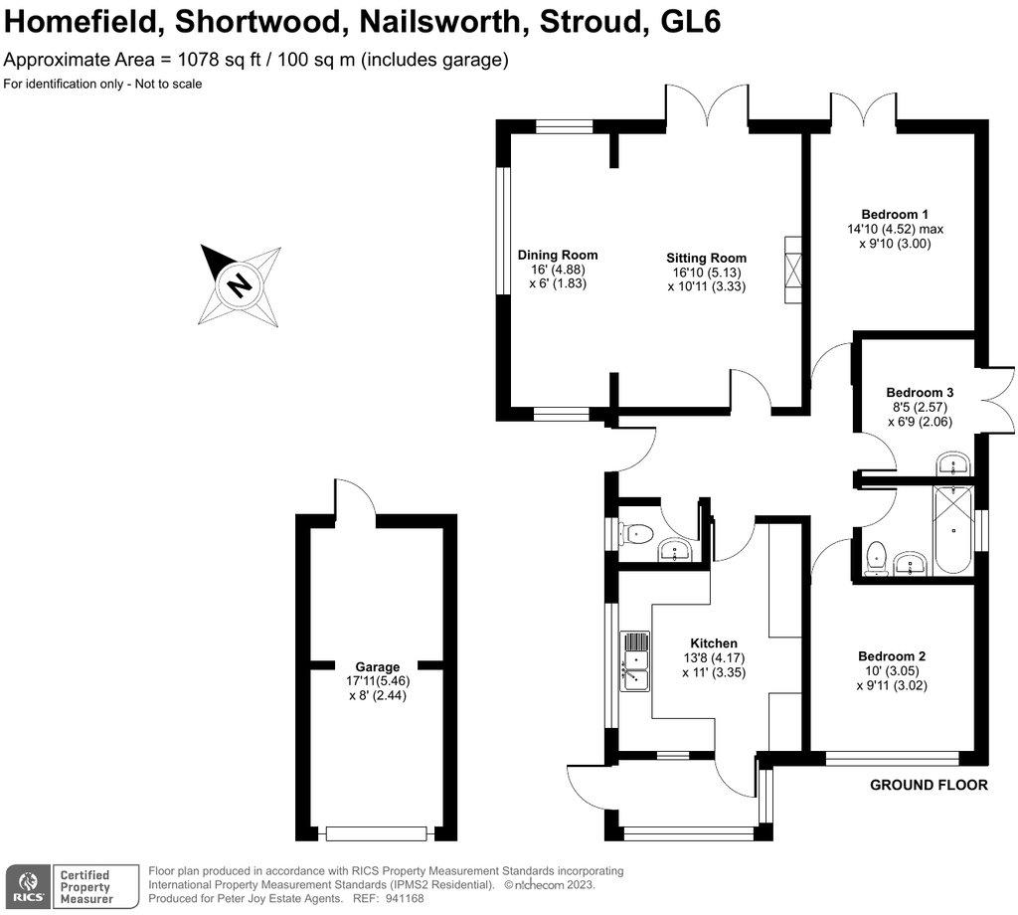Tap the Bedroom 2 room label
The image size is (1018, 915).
(892, 656)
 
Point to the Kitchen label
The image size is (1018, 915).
(713, 643)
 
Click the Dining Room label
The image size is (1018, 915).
(558, 255)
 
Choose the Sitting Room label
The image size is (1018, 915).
(706, 258)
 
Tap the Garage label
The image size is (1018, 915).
(378, 666)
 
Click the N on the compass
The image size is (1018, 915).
(238, 285)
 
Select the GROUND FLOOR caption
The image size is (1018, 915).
(929, 785)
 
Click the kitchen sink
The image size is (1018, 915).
(633, 661)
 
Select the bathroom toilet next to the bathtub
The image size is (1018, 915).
(876, 559)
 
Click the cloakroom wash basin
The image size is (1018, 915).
(679, 549)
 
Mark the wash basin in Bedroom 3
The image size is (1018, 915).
(953, 464)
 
